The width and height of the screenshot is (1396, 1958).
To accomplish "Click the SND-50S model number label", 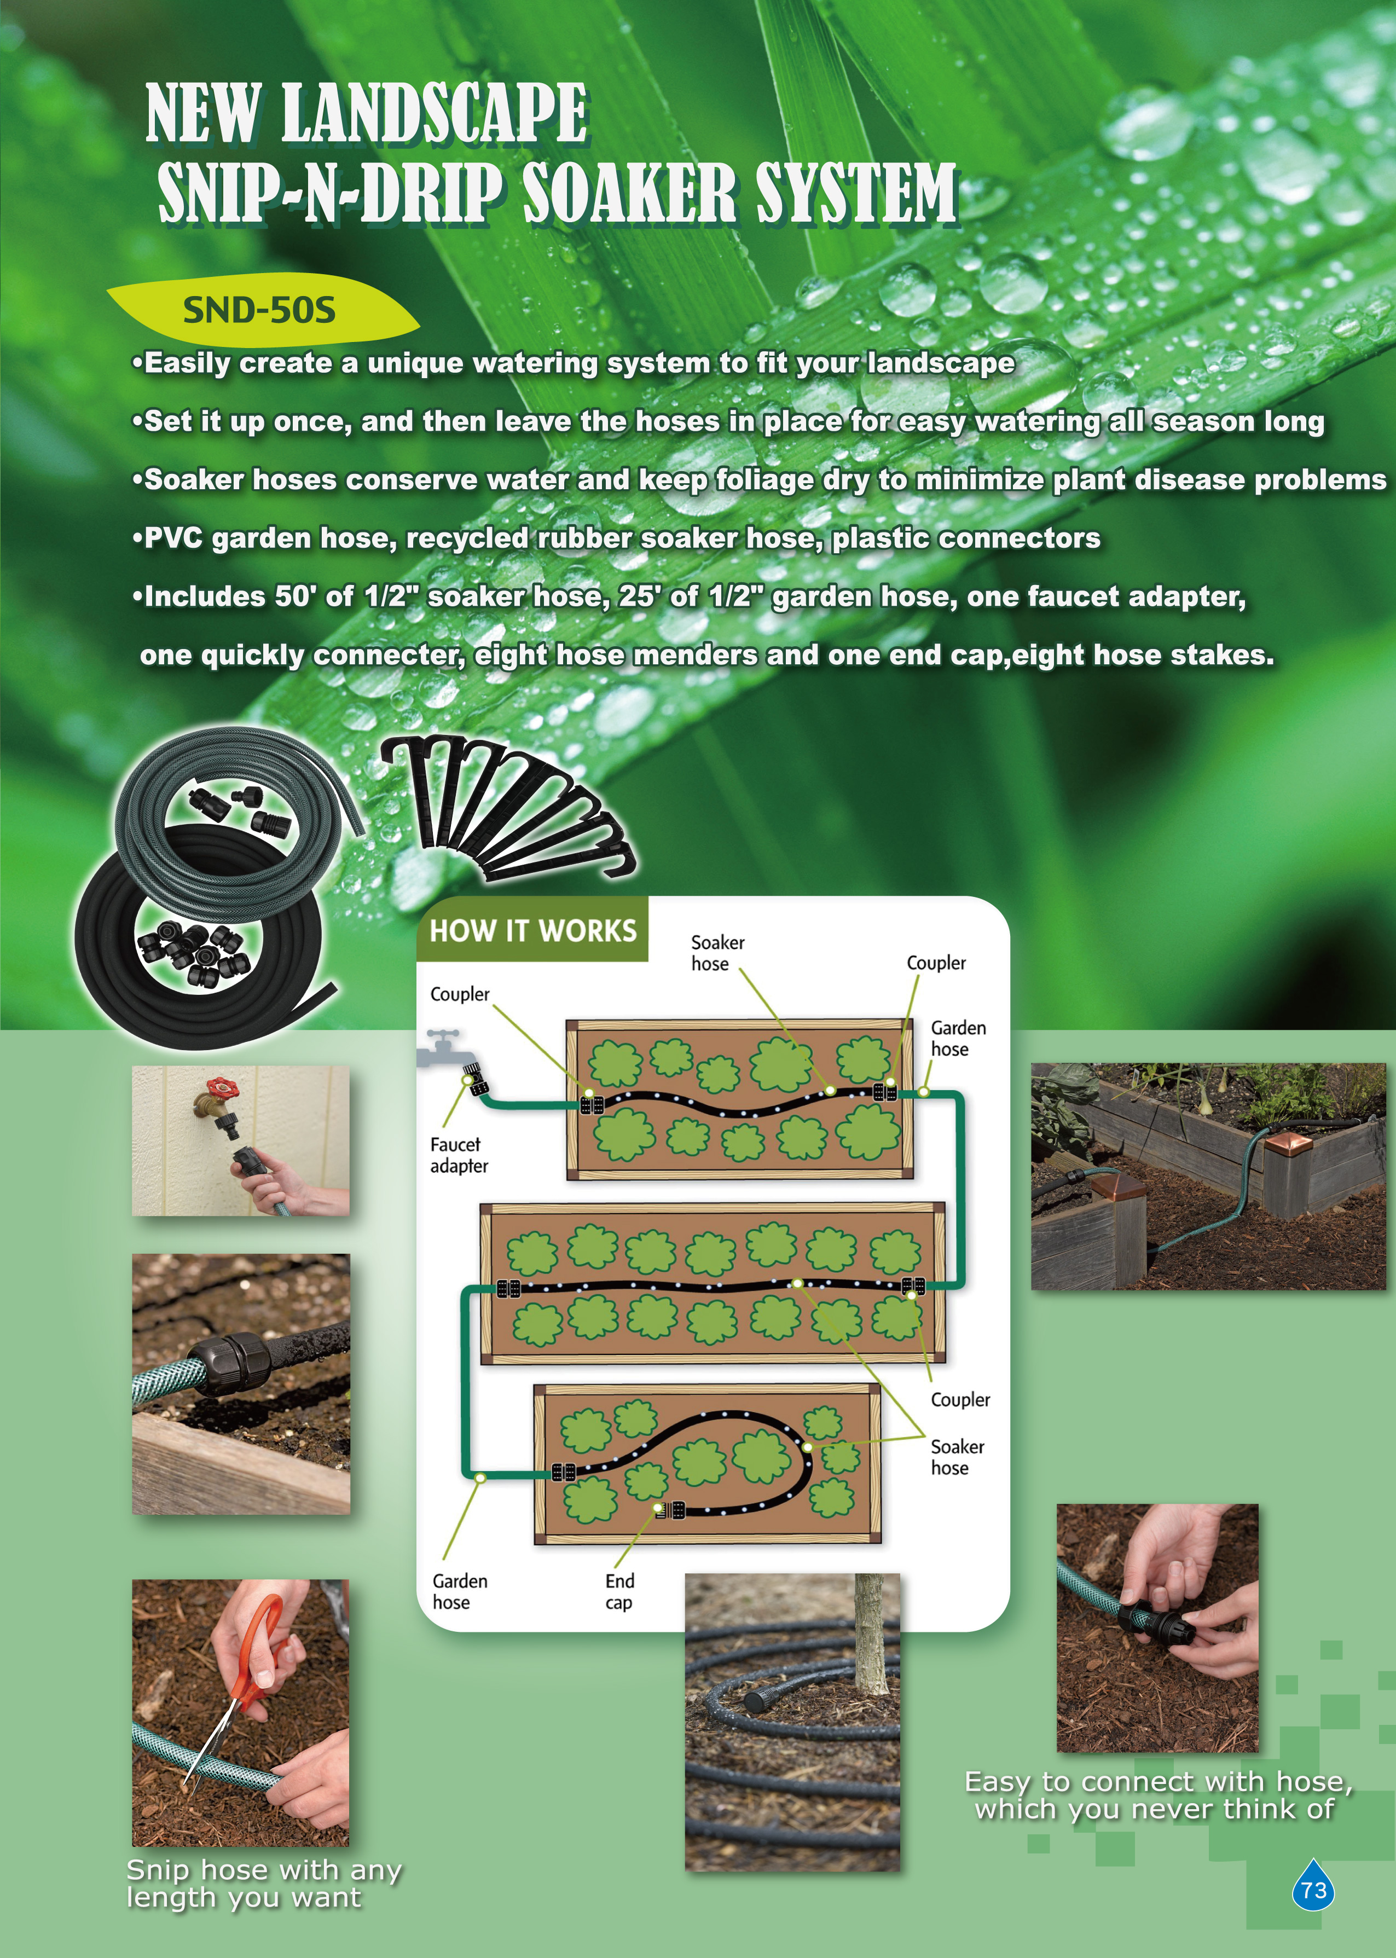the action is coord(259,309).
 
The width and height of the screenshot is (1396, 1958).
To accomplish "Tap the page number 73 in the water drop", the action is coord(1313,1890).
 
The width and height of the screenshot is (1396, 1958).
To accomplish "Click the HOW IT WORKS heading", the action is coord(533,930).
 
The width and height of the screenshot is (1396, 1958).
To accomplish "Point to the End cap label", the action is coord(619,1592).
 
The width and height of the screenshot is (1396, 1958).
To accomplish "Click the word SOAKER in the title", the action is coord(629,193).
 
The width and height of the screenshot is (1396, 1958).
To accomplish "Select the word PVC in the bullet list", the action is coord(173,538).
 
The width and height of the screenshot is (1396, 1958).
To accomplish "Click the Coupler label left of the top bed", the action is coord(459,994).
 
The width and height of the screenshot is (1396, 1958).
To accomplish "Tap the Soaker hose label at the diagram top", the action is coord(717,952).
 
